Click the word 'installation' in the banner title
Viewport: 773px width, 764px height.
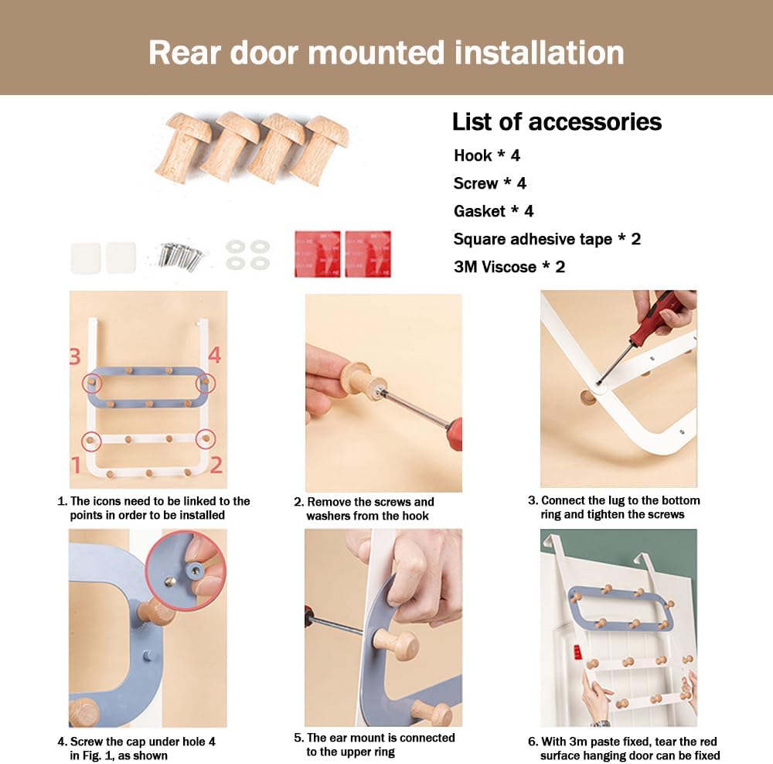pos(539,53)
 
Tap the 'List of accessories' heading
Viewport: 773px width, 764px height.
pos(557,122)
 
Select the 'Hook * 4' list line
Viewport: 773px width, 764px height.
pos(486,155)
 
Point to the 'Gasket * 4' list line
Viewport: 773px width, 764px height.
pos(493,211)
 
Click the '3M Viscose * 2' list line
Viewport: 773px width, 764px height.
pos(509,267)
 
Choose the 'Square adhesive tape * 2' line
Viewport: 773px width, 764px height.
pos(547,239)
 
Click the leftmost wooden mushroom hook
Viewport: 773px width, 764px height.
pos(183,146)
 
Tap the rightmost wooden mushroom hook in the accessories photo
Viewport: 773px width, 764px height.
pos(321,149)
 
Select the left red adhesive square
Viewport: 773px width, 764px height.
pos(318,254)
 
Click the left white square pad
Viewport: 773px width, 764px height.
pos(85,258)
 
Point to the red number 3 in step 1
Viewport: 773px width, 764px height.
pos(75,356)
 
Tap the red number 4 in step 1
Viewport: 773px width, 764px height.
pos(214,355)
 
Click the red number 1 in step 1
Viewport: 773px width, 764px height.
pos(76,465)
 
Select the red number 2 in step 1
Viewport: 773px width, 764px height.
pos(216,465)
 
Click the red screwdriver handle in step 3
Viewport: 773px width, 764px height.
pos(661,315)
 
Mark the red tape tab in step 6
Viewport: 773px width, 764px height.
pos(577,652)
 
